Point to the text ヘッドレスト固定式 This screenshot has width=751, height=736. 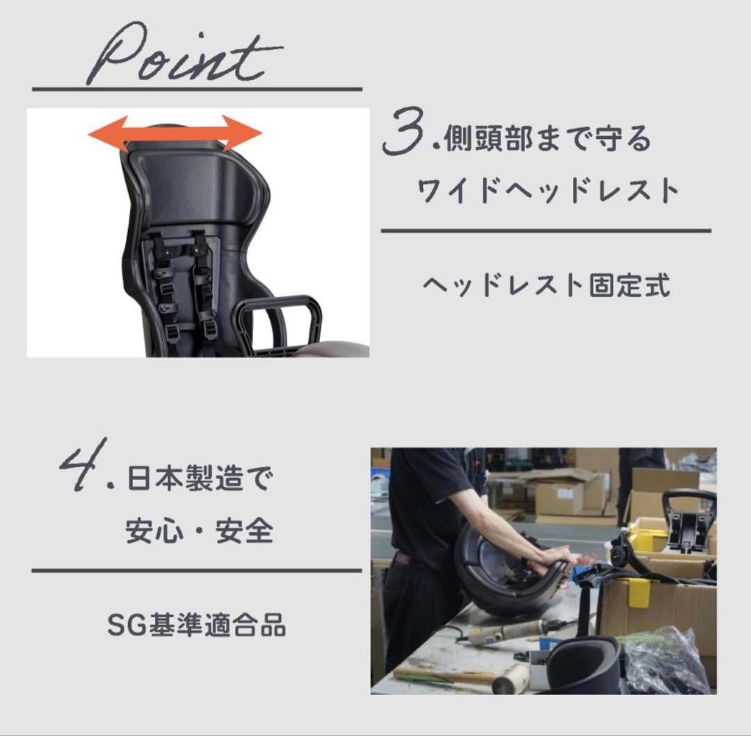tap(547, 286)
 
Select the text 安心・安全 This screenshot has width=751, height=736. tap(200, 532)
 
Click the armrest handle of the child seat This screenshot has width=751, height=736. tap(277, 323)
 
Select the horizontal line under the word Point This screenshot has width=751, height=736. tap(197, 89)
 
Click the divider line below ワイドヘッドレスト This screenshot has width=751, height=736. tap(546, 231)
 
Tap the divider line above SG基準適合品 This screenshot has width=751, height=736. tap(197, 571)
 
